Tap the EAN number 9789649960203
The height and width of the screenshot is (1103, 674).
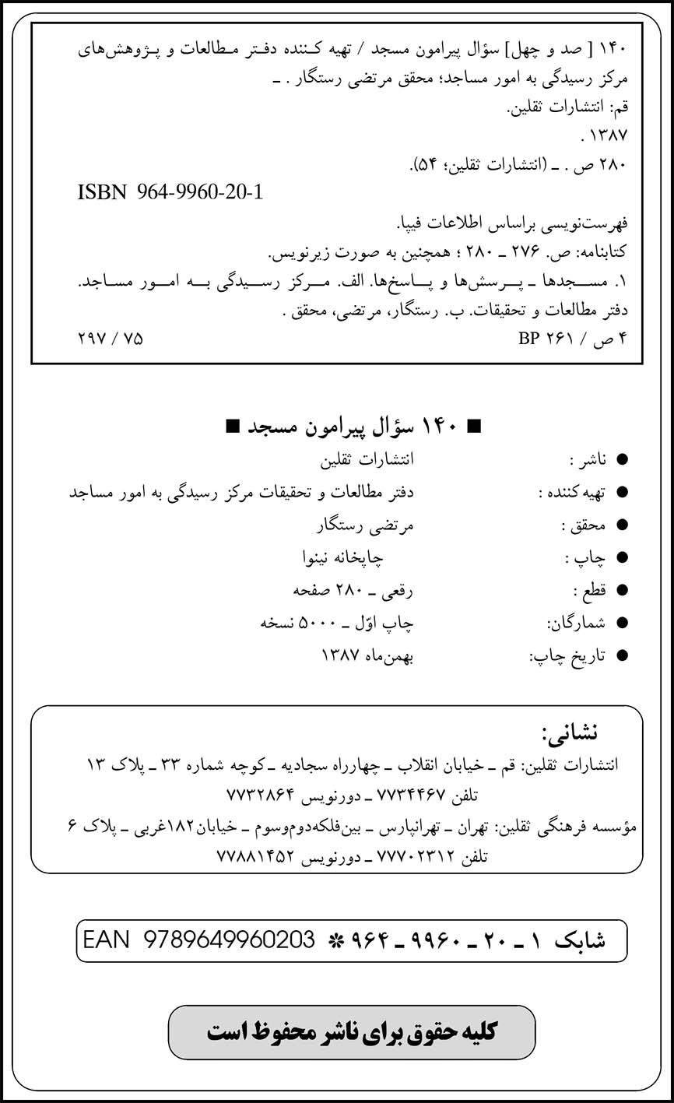tap(230, 940)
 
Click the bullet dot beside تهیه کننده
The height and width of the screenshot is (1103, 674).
tap(621, 494)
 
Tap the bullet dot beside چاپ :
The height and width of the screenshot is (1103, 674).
tap(621, 559)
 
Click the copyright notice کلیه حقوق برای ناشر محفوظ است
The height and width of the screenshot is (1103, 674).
tap(352, 1032)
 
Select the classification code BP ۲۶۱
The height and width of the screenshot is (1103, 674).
tap(543, 339)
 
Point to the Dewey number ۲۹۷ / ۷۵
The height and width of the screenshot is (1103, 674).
tap(111, 339)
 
